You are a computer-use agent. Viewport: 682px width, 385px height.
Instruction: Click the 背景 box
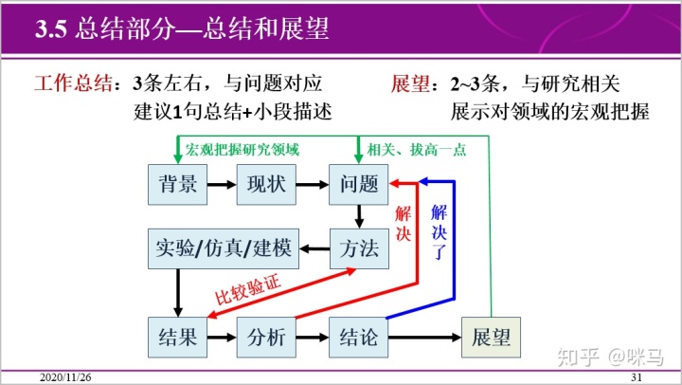[178, 184]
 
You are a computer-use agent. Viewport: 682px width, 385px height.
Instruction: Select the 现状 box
[266, 184]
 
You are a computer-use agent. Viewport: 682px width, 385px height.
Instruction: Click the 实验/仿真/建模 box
[224, 249]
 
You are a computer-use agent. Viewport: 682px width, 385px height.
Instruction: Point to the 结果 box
[178, 337]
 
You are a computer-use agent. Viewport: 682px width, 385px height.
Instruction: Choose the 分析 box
[266, 337]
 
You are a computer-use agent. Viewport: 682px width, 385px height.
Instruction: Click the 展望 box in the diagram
[492, 337]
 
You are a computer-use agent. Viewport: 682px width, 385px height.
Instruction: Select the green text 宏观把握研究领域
[242, 150]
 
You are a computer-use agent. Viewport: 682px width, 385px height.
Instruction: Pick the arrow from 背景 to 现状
[222, 184]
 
